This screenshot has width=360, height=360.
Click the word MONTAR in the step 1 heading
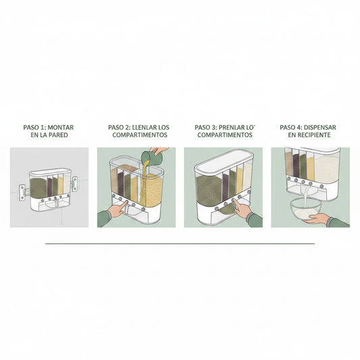coord(60,128)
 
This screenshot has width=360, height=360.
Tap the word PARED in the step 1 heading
coord(58,135)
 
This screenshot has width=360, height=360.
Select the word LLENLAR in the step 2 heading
coord(142,128)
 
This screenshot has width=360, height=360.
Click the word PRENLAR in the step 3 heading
coord(231,128)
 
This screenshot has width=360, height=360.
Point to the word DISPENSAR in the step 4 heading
coord(321,128)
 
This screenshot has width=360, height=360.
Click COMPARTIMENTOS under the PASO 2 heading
coord(140,135)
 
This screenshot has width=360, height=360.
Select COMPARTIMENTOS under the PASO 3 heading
coord(225,135)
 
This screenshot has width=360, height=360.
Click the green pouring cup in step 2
coord(149,157)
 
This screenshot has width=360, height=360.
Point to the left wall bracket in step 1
coord(23,192)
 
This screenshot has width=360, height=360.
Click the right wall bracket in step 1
coord(75,184)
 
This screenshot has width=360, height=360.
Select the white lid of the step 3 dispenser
coord(224,161)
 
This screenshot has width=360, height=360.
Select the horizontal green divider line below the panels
coord(180,243)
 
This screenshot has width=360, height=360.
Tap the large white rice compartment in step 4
coord(326,169)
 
